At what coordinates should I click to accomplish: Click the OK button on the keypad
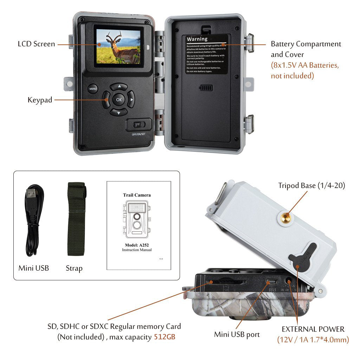119,99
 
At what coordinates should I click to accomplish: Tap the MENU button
93,89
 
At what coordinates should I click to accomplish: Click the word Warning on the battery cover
197,39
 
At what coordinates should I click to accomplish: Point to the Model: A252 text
137,245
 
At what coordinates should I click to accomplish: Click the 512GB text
165,337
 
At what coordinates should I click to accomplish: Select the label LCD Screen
37,44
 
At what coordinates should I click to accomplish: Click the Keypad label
40,100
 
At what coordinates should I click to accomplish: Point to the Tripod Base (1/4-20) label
311,186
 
